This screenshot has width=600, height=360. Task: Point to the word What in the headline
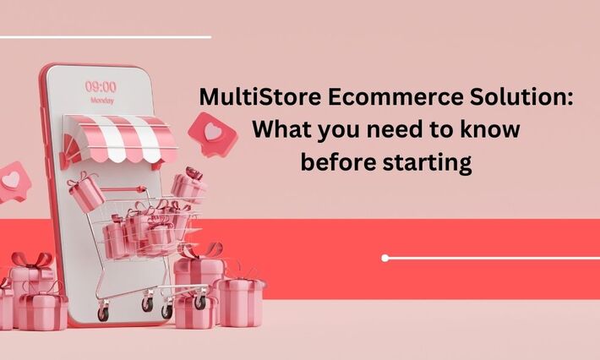pyautogui.click(x=281, y=131)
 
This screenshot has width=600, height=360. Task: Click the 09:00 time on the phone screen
pyautogui.click(x=101, y=86)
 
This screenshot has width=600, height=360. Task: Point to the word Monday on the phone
pyautogui.click(x=101, y=100)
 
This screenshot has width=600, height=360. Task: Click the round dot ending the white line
pyautogui.click(x=385, y=258)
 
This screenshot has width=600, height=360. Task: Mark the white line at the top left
pyautogui.click(x=105, y=36)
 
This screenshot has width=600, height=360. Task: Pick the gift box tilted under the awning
pyautogui.click(x=85, y=192)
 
